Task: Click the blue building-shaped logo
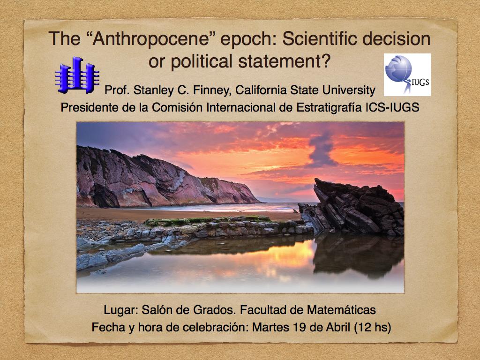click(77, 75)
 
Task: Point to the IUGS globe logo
click(407, 75)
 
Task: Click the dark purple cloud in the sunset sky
click(322, 150)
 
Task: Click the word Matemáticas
click(341, 310)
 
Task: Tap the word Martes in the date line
click(270, 328)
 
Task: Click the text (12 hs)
click(373, 328)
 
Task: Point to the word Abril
click(338, 328)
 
